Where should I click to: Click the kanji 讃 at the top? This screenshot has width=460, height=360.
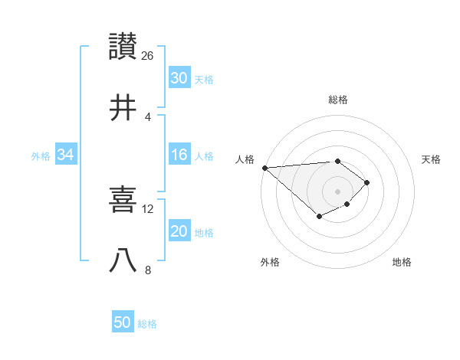(x=123, y=47)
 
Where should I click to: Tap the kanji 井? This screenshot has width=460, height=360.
(x=123, y=108)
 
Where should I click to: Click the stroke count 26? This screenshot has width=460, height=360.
(x=148, y=56)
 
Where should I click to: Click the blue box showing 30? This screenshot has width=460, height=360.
(x=179, y=78)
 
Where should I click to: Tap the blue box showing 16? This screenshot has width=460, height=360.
(x=179, y=155)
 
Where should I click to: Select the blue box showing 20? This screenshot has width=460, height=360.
(x=179, y=232)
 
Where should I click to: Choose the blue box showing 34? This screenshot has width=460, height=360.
(x=66, y=155)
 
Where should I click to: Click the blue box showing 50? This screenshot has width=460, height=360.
(x=123, y=322)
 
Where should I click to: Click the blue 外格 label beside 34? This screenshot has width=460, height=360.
(x=41, y=156)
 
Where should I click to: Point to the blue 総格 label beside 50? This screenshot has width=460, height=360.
(x=147, y=324)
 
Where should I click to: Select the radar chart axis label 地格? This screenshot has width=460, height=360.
(x=402, y=262)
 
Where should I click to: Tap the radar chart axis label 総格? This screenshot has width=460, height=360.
(x=338, y=100)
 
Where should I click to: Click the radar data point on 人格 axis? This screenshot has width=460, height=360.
(x=264, y=168)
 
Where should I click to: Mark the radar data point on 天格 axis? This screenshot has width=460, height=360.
(x=368, y=182)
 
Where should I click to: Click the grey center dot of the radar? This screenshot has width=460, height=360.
(x=338, y=191)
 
